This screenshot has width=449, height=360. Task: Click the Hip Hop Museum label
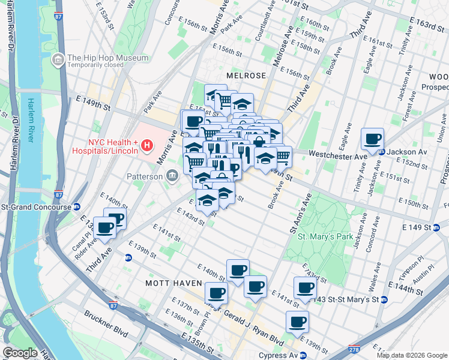point(107,58)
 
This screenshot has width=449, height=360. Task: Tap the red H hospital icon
point(145,145)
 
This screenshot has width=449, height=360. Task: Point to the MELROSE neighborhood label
point(246,76)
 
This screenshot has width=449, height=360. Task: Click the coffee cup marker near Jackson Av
point(372,139)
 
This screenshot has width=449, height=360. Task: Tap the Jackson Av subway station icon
point(382,152)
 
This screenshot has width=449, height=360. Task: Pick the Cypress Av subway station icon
point(304,355)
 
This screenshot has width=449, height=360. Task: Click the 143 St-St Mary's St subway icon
point(384,299)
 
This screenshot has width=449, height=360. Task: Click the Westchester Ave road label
point(337,155)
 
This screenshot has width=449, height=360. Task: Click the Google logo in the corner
point(20,353)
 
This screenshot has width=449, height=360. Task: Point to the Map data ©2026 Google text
point(411,355)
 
